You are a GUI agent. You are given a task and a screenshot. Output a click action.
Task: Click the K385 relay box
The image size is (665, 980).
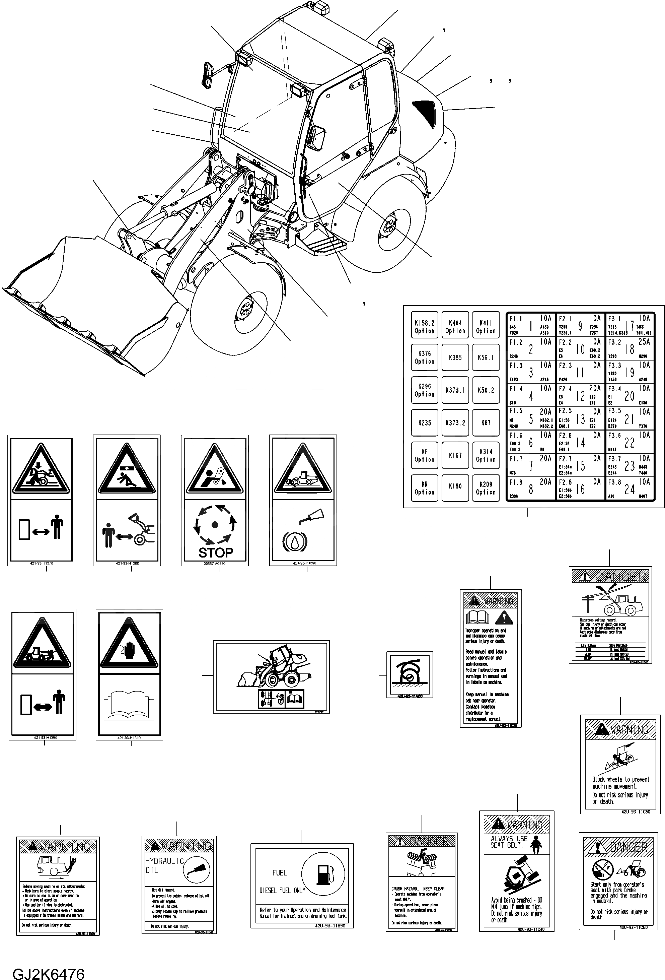click(x=455, y=357)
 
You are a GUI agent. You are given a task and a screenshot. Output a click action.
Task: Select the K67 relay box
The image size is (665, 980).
click(x=486, y=422)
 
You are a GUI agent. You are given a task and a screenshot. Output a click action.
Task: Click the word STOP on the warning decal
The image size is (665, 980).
click(x=215, y=552)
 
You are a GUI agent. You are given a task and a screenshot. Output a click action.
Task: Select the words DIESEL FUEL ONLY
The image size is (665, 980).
click(x=282, y=891)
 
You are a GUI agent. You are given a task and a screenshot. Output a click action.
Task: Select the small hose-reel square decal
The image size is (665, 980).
click(x=410, y=674)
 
